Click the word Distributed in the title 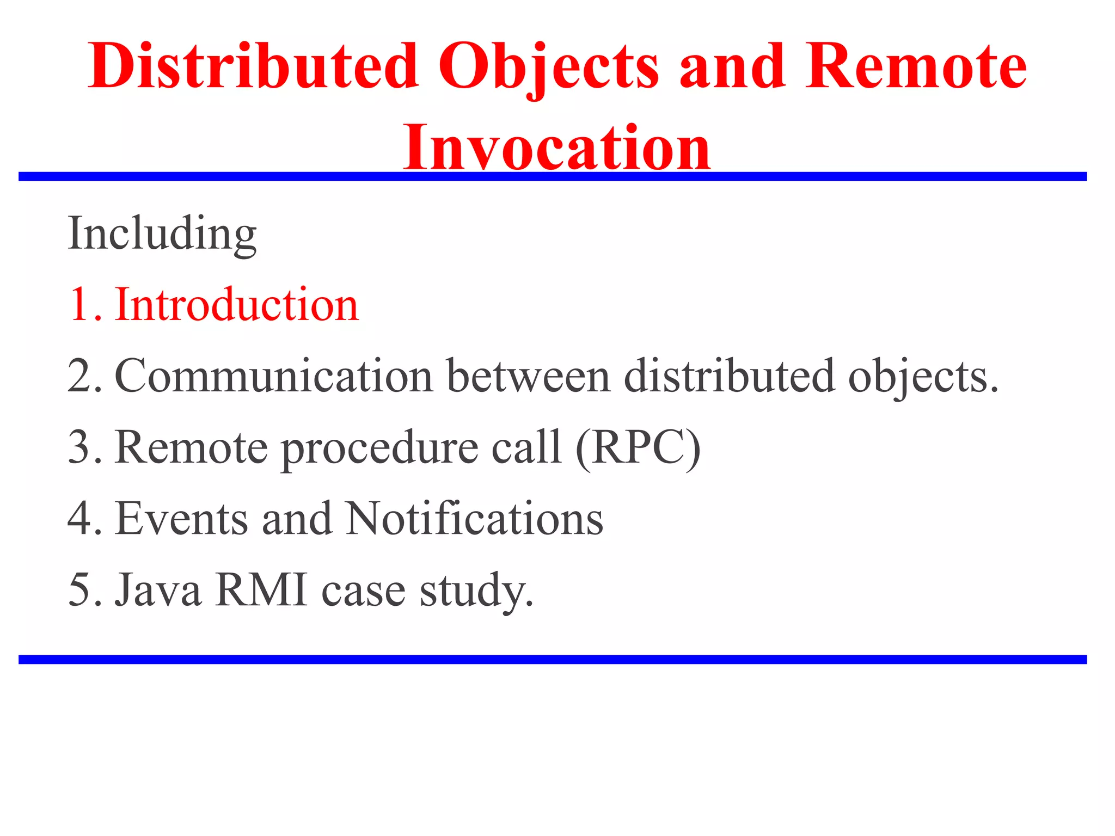[x=253, y=66]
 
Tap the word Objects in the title [x=549, y=66]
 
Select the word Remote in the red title [x=916, y=66]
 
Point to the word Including [x=162, y=234]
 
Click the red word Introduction [x=237, y=305]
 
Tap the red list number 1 [x=82, y=305]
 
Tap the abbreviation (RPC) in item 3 [x=638, y=448]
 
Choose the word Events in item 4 [x=181, y=519]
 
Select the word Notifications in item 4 [x=474, y=519]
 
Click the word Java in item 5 [x=158, y=591]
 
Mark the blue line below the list [x=552, y=660]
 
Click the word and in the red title [x=732, y=66]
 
